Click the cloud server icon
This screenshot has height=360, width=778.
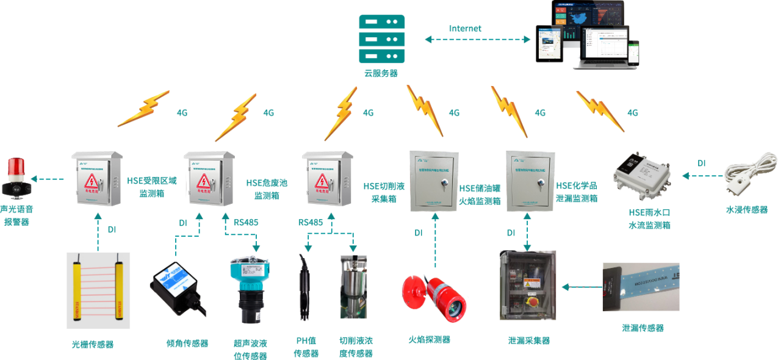381,38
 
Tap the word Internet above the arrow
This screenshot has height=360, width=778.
465,29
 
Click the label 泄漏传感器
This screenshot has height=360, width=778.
643,328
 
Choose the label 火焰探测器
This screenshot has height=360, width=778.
429,339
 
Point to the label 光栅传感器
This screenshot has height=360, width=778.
93,344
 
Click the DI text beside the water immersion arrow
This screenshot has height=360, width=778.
702,163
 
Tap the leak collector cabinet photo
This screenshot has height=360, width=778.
528,285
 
